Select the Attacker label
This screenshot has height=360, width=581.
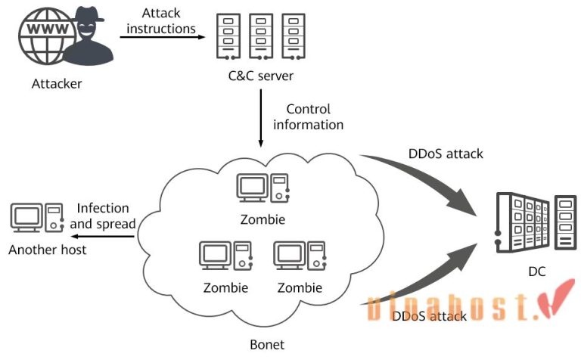tap(57, 83)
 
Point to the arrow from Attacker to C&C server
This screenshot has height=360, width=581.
tap(163, 38)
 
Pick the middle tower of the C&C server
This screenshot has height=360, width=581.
tap(261, 36)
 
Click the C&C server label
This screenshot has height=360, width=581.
tap(260, 76)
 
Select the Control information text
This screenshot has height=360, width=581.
tap(308, 116)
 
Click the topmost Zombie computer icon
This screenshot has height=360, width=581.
tap(262, 190)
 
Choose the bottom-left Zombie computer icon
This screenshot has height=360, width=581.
tap(225, 256)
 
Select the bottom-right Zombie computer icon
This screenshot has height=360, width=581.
tap(299, 256)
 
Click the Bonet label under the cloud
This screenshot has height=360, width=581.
tap(267, 345)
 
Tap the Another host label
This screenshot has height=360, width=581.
tap(48, 249)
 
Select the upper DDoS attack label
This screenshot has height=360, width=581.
tap(446, 154)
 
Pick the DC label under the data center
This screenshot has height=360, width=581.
tap(536, 272)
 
